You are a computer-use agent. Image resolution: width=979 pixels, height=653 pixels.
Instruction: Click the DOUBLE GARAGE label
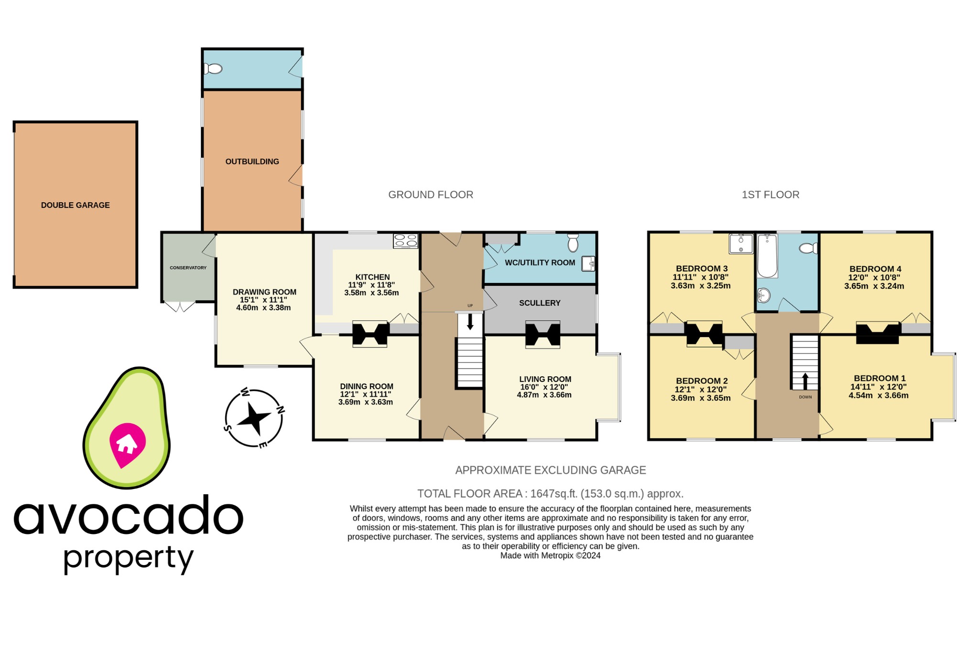tap(75, 205)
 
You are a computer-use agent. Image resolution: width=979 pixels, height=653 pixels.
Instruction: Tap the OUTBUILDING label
tap(252, 162)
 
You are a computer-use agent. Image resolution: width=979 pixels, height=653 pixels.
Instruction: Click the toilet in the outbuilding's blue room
tap(214, 69)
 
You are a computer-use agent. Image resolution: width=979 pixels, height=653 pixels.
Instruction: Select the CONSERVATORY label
tap(188, 268)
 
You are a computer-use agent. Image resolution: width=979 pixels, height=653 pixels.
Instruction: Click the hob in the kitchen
tap(405, 240)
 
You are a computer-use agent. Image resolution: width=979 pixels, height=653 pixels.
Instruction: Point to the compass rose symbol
tap(254, 418)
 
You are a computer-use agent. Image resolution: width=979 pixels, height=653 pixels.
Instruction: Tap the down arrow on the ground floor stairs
tap(470, 321)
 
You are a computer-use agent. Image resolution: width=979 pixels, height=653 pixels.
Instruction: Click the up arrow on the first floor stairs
tap(805, 381)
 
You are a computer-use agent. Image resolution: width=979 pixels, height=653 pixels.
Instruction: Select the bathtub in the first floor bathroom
tap(767, 256)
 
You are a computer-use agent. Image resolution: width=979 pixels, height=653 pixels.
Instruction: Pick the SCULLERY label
tap(540, 303)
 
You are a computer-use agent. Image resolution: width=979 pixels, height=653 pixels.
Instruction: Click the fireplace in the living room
tap(543, 334)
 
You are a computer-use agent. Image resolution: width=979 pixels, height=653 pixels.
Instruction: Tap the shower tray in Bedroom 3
tap(740, 243)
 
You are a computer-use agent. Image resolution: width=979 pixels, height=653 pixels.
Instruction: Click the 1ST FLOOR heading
tap(770, 195)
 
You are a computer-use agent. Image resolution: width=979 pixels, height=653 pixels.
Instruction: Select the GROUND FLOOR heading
tap(430, 195)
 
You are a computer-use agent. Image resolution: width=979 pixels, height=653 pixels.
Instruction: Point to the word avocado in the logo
tap(128, 516)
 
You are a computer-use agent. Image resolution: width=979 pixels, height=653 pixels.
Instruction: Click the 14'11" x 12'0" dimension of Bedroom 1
tap(878, 387)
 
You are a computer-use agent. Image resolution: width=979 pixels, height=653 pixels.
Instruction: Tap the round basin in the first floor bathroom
tap(763, 295)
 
